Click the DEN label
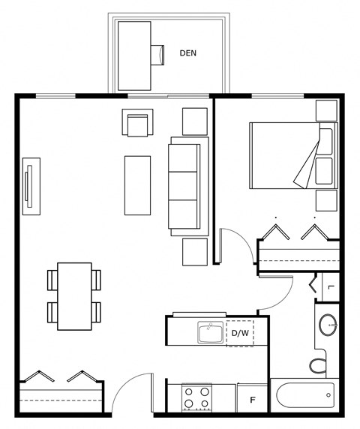click(x=188, y=53)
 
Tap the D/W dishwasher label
click(x=240, y=333)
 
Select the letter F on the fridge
click(x=253, y=400)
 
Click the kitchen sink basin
click(x=210, y=332)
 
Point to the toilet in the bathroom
click(x=318, y=365)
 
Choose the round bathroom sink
click(x=328, y=325)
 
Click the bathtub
click(x=305, y=394)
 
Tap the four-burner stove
click(x=196, y=397)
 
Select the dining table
click(x=74, y=296)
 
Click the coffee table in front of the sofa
click(x=137, y=185)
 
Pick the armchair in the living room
click(x=137, y=122)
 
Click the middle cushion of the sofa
click(x=183, y=186)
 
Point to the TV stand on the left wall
click(x=31, y=186)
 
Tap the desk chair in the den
click(x=157, y=55)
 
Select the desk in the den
click(x=134, y=55)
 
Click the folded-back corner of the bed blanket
click(x=305, y=166)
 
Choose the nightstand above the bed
click(x=326, y=110)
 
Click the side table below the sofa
click(x=195, y=252)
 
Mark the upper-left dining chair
click(x=52, y=280)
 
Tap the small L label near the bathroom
click(x=331, y=286)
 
